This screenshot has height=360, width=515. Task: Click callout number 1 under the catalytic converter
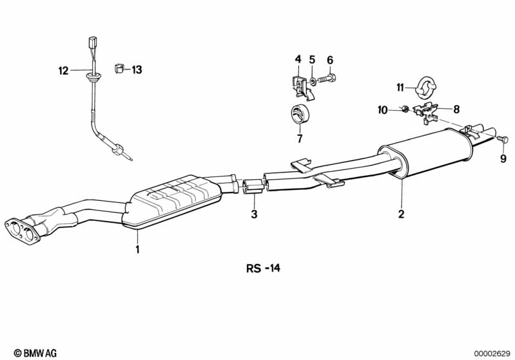click(x=138, y=249)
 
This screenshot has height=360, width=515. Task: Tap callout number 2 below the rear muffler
click(x=401, y=214)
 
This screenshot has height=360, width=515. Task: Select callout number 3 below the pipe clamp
click(x=254, y=214)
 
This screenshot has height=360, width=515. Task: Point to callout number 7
click(x=300, y=138)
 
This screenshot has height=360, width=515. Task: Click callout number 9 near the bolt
click(x=503, y=159)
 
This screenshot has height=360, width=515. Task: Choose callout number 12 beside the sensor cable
click(x=63, y=70)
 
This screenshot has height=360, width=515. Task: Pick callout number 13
click(x=137, y=70)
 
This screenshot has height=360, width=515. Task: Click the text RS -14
click(x=264, y=268)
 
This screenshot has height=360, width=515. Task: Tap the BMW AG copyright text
click(x=35, y=353)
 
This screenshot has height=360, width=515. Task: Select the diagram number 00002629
click(x=492, y=354)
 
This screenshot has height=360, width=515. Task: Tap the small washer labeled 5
click(x=313, y=80)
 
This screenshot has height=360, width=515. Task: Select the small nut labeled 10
click(x=405, y=109)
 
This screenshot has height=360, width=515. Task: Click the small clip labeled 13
click(x=119, y=70)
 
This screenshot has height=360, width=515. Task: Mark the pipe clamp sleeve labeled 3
click(x=252, y=186)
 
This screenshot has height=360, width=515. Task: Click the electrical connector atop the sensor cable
click(x=92, y=42)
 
